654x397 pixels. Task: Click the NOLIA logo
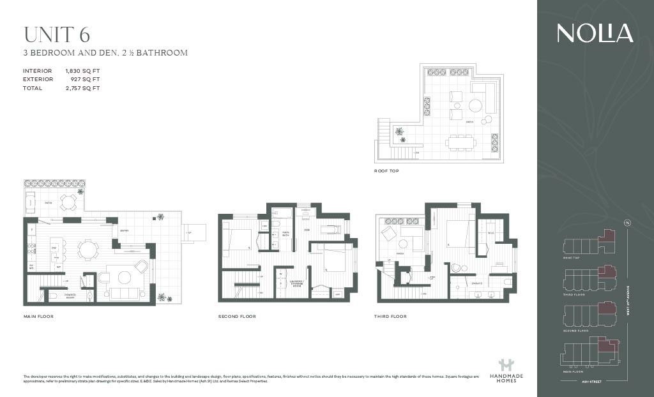pyautogui.click(x=595, y=33)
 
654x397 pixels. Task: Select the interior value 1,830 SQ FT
pyautogui.click(x=82, y=71)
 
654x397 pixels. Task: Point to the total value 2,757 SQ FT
pyautogui.click(x=82, y=88)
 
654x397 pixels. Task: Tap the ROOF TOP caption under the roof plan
pyautogui.click(x=387, y=171)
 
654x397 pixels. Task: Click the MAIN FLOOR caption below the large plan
pyautogui.click(x=38, y=317)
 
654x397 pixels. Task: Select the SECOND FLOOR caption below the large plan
pyautogui.click(x=237, y=317)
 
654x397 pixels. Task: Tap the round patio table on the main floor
pyautogui.click(x=68, y=202)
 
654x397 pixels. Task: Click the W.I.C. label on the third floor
pyautogui.click(x=490, y=233)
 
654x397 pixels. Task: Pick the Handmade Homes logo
pyautogui.click(x=506, y=370)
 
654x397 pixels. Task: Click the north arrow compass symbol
pyautogui.click(x=625, y=223)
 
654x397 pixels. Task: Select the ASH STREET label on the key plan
pyautogui.click(x=592, y=381)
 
